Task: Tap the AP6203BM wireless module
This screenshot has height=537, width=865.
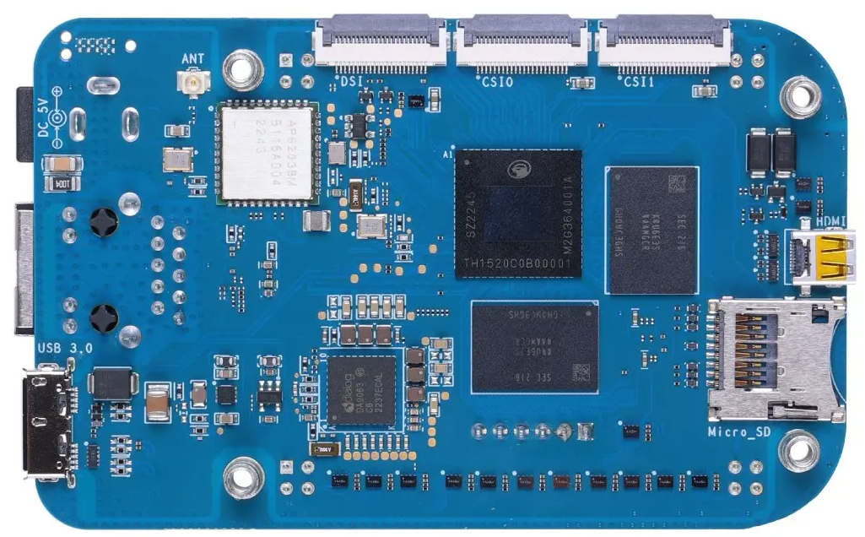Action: coord(267,153)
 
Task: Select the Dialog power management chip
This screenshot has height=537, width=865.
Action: coord(360,389)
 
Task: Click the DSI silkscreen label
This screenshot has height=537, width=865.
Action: coord(352,81)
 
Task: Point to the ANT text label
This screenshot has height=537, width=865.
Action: coord(193,59)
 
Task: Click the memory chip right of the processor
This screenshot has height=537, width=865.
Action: coord(651,230)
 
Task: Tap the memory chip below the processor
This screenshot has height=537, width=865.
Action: coord(534,346)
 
